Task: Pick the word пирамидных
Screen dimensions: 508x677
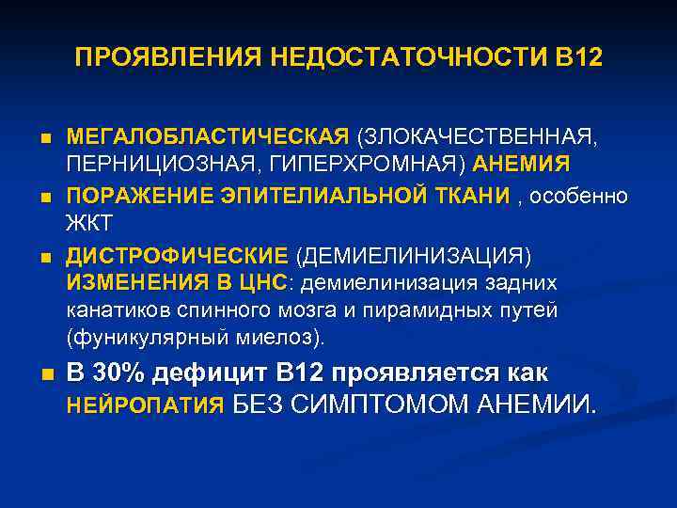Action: point(436,310)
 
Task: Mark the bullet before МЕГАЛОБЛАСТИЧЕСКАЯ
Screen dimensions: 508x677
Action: point(44,137)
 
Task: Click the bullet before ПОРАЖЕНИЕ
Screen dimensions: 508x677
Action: point(44,197)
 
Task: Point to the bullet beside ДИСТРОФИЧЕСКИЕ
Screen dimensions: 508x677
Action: point(44,257)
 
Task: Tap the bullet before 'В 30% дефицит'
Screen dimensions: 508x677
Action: point(44,374)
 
